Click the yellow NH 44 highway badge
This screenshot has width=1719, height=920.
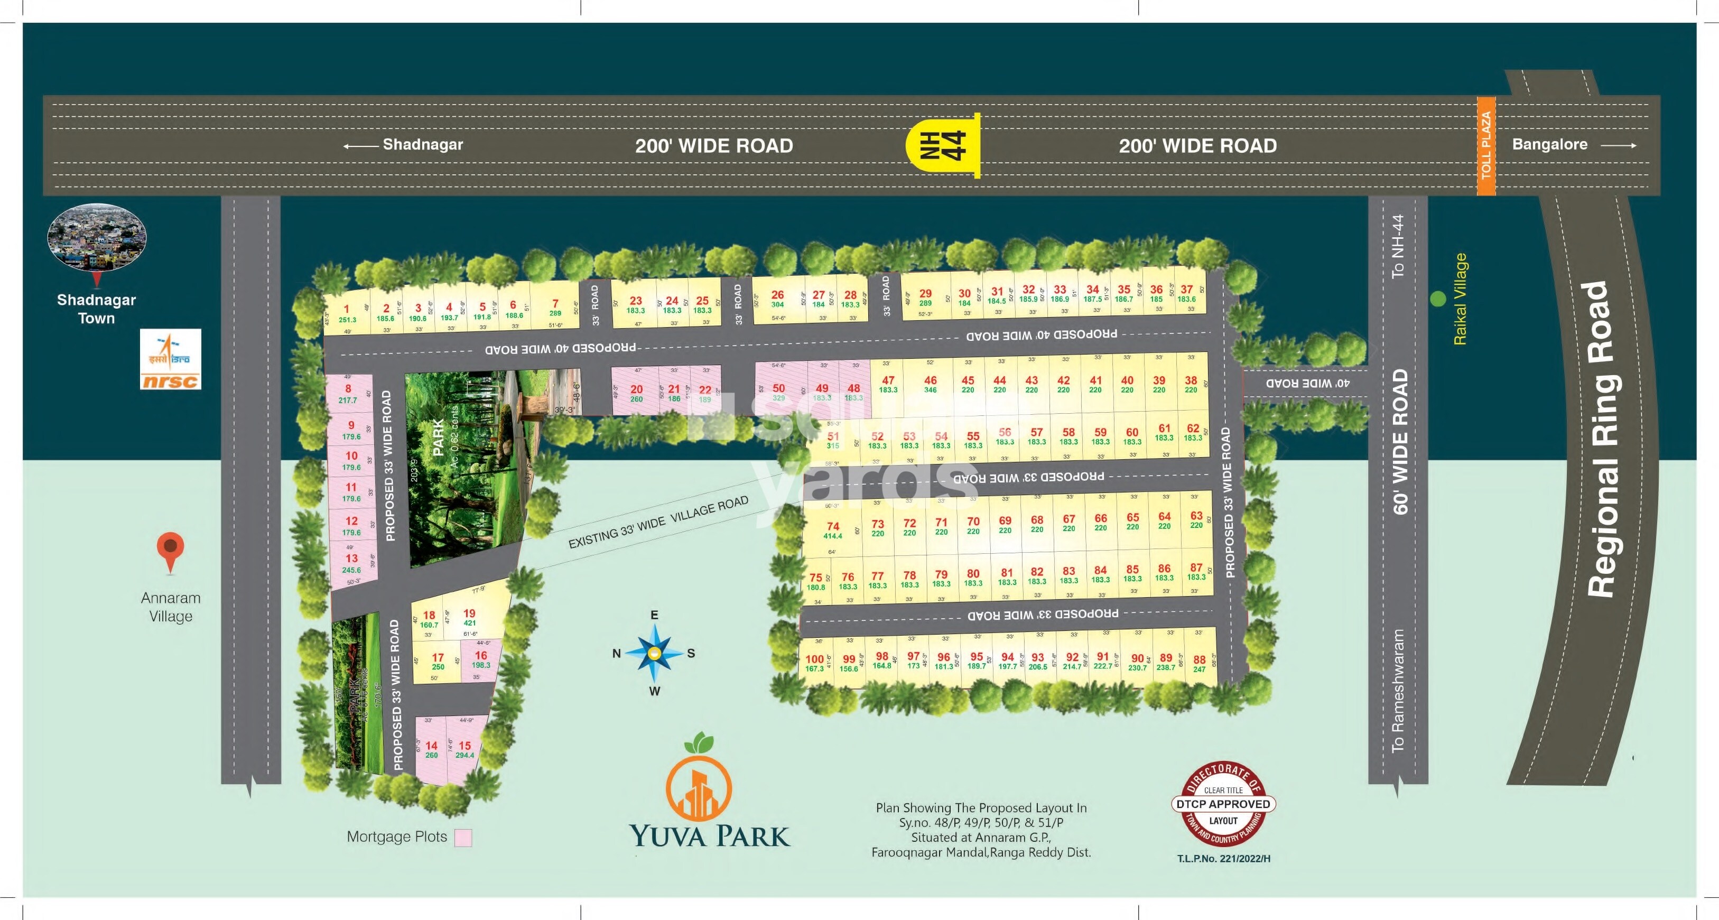[942, 145]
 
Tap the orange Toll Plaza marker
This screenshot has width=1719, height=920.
[1486, 145]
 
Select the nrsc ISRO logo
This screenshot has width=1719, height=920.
[170, 359]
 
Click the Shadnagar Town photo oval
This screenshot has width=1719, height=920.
[97, 237]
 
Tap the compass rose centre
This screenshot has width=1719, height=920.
[655, 653]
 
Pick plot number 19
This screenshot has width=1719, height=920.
[469, 617]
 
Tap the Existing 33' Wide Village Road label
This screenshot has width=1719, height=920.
[658, 523]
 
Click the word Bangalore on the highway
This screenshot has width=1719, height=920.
[1549, 144]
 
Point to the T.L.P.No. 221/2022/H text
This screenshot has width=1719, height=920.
[1223, 859]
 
